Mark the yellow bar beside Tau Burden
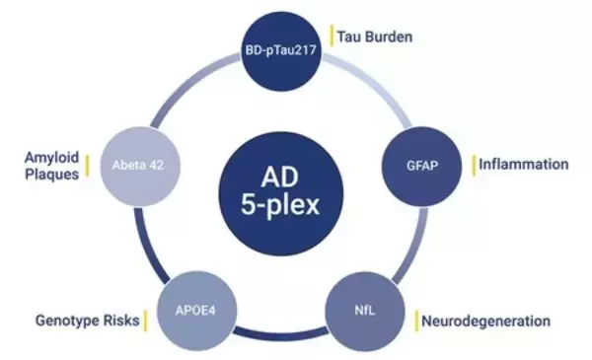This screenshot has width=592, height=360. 331,37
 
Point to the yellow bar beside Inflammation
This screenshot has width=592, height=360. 474,164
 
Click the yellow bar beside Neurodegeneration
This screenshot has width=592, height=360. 415,321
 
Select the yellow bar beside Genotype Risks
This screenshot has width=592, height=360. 145,321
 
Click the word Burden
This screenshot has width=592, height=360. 389,37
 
